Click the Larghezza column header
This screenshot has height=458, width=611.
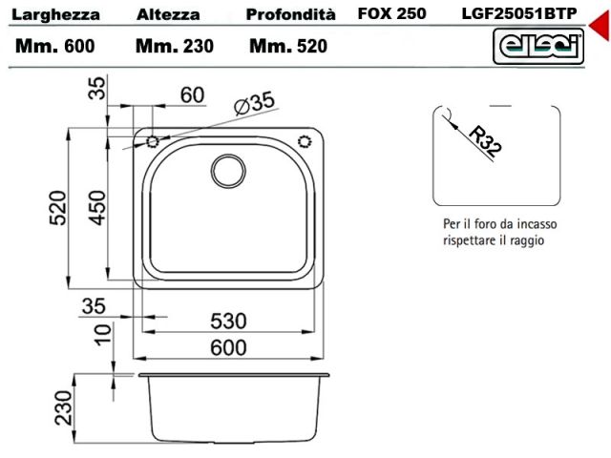55,15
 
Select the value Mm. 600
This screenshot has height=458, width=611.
55,46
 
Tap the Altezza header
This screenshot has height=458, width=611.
168,15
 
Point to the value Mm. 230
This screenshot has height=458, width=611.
175,46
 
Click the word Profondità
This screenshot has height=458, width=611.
290,15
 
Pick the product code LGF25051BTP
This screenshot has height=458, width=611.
519,13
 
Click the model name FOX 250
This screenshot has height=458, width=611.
392,13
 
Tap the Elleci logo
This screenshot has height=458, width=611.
538,47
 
